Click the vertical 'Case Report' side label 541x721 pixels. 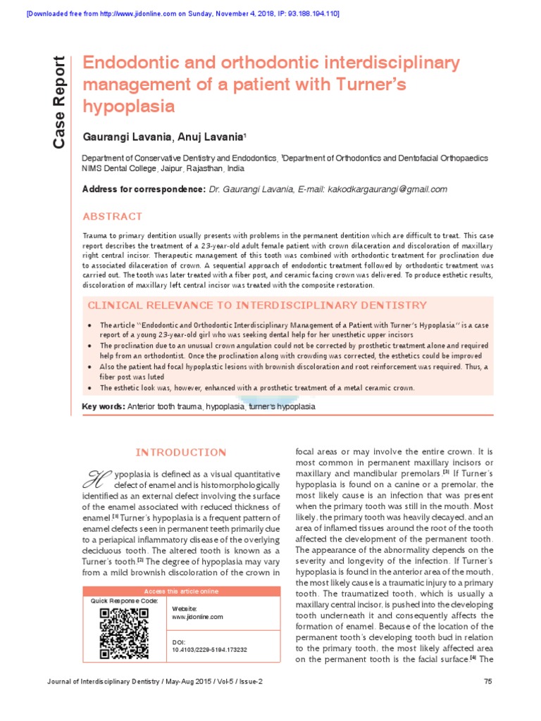[x=60, y=101]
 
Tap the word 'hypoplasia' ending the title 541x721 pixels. [x=128, y=107]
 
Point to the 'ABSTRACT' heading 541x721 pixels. [x=113, y=216]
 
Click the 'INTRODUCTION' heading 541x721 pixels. [x=180, y=452]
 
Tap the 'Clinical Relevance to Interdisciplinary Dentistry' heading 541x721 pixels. [x=256, y=305]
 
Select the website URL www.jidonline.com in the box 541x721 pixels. [x=197, y=616]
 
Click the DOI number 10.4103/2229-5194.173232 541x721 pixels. [x=210, y=650]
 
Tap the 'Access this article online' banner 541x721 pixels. [x=181, y=591]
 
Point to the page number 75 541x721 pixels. [x=488, y=682]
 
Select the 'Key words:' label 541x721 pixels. [x=104, y=407]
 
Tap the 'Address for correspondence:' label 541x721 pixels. [x=144, y=189]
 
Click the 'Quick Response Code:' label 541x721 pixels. [x=124, y=601]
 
